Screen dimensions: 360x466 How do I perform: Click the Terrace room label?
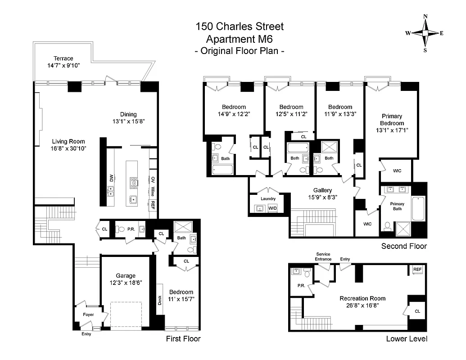point(63,58)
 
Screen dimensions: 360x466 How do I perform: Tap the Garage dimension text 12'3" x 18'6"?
point(126,283)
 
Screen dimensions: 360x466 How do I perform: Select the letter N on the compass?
point(425,17)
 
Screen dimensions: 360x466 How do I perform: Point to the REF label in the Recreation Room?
point(417,270)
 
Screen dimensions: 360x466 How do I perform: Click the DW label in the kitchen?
point(110,179)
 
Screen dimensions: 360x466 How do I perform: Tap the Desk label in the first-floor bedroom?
point(160,300)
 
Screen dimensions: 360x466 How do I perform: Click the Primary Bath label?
point(397,206)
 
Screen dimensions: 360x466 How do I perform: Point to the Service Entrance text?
point(323,256)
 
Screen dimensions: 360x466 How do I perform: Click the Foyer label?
point(89,315)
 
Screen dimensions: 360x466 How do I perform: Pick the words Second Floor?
point(404,246)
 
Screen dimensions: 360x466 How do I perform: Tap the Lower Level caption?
point(407,339)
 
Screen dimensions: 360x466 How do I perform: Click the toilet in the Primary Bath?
point(387,225)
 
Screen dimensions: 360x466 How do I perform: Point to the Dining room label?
point(128,114)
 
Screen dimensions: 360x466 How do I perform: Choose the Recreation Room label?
point(362,298)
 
